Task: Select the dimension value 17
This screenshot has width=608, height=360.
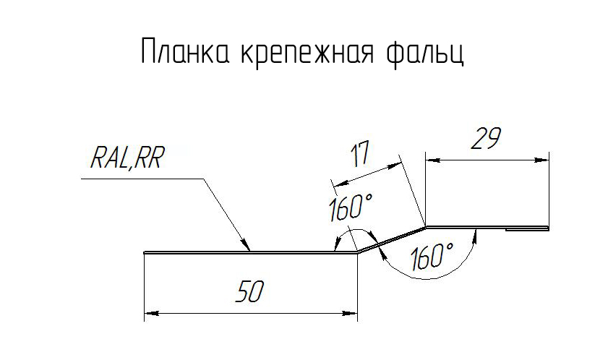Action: pyautogui.click(x=359, y=154)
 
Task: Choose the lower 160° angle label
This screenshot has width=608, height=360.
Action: pyautogui.click(x=431, y=257)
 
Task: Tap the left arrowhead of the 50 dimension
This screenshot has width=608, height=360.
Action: pyautogui.click(x=150, y=314)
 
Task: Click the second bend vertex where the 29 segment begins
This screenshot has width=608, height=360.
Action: pyautogui.click(x=425, y=225)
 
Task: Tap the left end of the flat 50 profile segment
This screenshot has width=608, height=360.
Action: pyautogui.click(x=145, y=252)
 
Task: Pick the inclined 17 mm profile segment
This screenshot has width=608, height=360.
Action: pyautogui.click(x=391, y=239)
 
